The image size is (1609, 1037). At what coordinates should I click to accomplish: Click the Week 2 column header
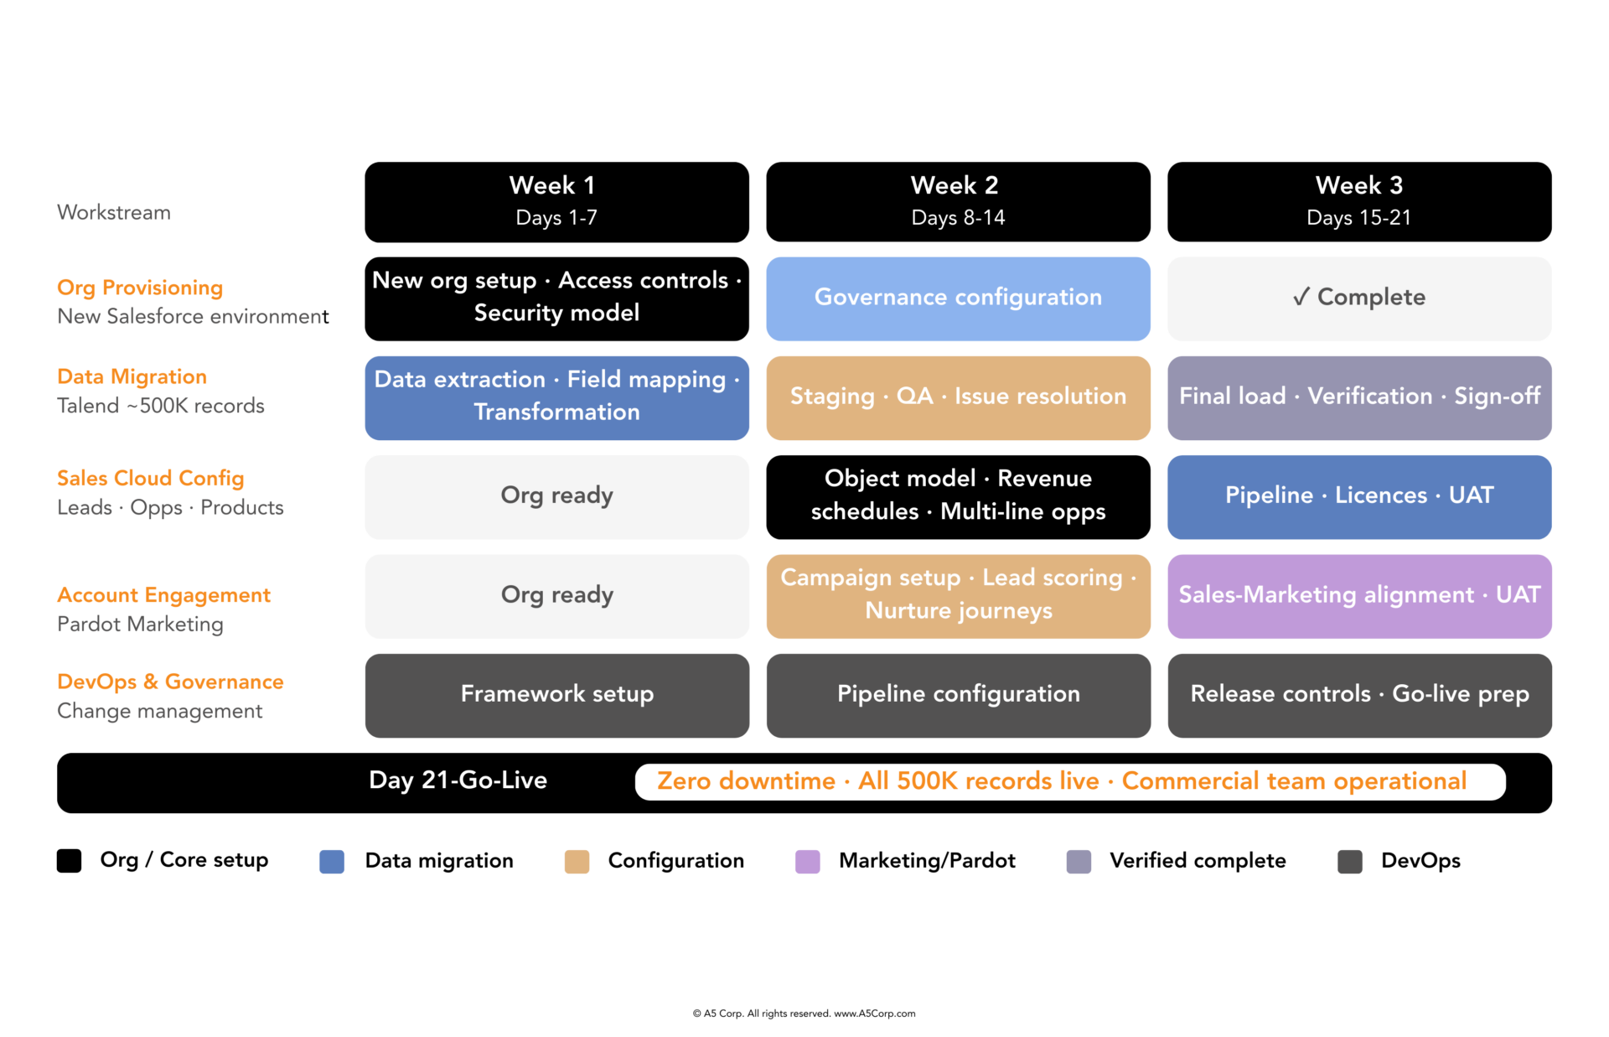(x=958, y=202)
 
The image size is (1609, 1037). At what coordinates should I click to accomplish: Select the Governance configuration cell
(x=958, y=298)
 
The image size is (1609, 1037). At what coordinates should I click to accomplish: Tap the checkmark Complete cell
(x=1358, y=298)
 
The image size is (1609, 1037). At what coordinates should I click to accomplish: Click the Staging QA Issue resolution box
(x=958, y=397)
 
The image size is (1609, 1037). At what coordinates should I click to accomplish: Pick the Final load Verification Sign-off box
(x=1358, y=397)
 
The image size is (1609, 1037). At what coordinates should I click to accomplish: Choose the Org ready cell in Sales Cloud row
(x=556, y=496)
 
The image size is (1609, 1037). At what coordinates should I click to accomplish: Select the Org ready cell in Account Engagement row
(x=556, y=596)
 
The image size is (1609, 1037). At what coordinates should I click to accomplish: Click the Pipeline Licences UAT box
(x=1358, y=496)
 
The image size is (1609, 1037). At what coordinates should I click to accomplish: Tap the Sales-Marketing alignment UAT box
(x=1358, y=596)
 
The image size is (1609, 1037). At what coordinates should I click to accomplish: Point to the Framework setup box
(x=556, y=695)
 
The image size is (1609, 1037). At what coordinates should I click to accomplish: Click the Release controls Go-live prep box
(x=1358, y=695)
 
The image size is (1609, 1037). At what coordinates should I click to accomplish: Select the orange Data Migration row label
(x=132, y=376)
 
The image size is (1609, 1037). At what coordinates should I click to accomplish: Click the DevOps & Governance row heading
(x=170, y=682)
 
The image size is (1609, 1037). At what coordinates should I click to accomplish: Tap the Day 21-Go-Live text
(x=458, y=780)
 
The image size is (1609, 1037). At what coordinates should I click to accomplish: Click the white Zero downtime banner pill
(x=1069, y=781)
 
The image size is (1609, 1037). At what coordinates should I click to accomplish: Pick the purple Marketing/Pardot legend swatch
(x=807, y=861)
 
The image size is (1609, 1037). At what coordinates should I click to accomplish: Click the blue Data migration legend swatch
(x=332, y=861)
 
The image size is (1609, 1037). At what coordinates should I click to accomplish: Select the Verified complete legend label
(x=1197, y=861)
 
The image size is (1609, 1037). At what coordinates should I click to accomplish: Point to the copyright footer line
(x=804, y=1014)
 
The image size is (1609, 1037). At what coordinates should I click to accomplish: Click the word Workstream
(x=114, y=213)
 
